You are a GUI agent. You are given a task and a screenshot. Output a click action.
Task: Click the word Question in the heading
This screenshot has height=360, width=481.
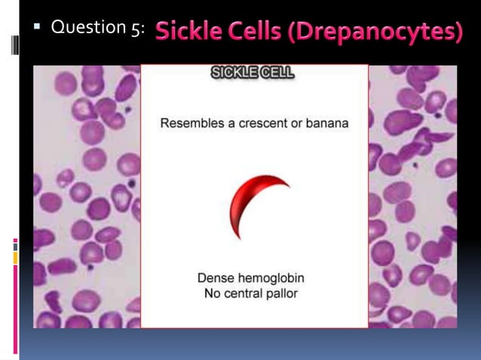coord(83,28)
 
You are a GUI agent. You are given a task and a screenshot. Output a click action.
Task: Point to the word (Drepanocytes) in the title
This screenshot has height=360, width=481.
coord(377,32)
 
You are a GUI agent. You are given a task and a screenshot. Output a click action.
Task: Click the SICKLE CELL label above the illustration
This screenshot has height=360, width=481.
coord(253,74)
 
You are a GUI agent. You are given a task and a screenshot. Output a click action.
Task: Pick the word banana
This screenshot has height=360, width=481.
coord(326,123)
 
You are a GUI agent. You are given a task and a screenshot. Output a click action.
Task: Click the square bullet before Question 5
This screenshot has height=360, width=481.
coord(35,27)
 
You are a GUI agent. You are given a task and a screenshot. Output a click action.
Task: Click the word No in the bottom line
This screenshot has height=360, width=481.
coord(213,293)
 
